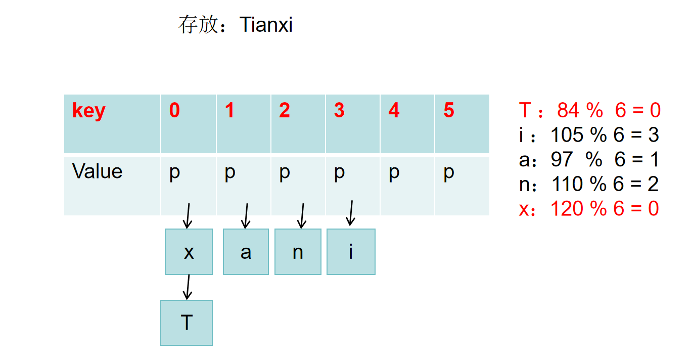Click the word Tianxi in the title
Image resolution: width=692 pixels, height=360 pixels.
point(266,24)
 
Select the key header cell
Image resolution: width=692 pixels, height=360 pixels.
point(88,111)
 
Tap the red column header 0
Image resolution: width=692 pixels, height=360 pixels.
point(174,111)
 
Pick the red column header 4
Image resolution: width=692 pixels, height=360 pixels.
point(394,111)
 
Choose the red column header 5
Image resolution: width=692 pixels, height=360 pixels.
point(449,111)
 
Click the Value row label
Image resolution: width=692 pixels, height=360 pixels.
point(97,171)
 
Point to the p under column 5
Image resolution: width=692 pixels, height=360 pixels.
point(449,173)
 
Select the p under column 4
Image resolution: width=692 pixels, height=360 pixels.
point(394,173)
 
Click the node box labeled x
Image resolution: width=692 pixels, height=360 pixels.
point(189,252)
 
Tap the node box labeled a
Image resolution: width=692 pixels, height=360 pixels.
point(246,252)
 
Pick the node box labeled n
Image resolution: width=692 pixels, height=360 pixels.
point(298,252)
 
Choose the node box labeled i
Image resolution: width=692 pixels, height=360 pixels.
point(351,252)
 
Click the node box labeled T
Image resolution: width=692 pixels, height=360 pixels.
point(187,323)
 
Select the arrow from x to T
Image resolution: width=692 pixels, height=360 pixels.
point(188,287)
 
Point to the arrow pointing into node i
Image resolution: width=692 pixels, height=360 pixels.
point(350,213)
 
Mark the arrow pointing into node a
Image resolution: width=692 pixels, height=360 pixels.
point(246,216)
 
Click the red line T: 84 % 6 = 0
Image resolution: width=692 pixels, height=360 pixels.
point(589,110)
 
